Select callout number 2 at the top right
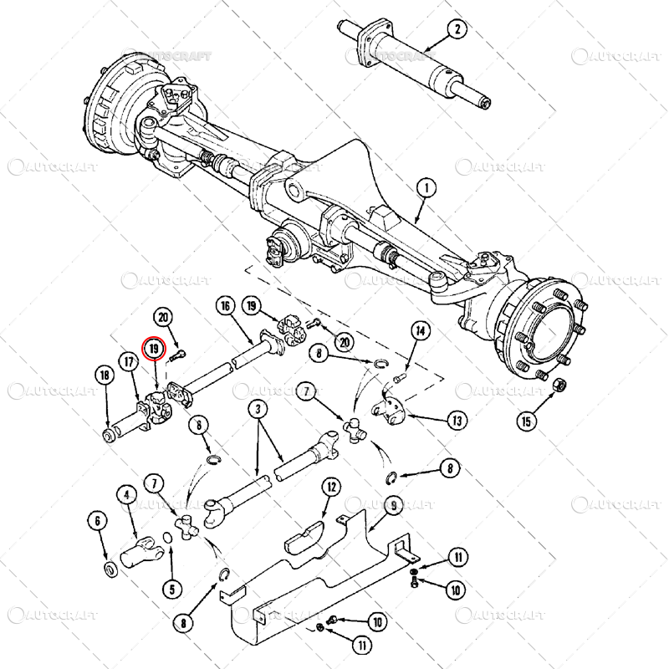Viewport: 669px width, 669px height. click(456, 31)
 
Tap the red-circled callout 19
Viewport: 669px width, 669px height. click(154, 349)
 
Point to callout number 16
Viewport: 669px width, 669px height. click(225, 306)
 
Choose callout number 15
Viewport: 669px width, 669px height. click(526, 421)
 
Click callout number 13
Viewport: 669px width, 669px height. click(457, 421)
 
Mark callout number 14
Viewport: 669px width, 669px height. click(420, 332)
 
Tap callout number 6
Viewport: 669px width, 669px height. click(99, 521)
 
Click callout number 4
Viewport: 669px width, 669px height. click(127, 495)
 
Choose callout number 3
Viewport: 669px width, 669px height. click(258, 410)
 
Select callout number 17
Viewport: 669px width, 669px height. click(129, 362)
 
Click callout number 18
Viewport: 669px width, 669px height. click(105, 375)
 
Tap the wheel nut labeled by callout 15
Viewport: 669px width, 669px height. click(561, 386)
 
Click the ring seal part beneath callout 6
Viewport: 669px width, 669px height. click(110, 569)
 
